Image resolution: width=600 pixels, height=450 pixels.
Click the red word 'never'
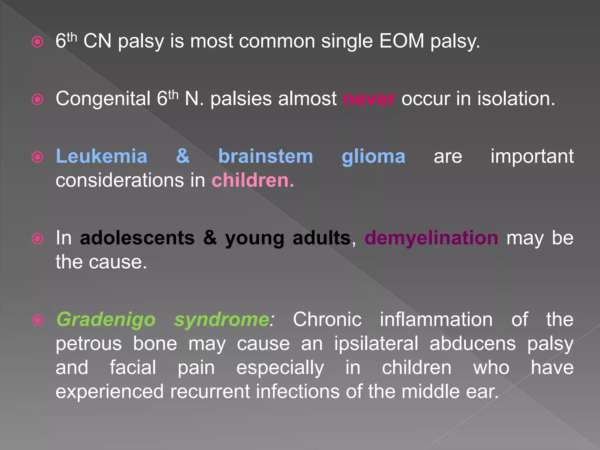369,99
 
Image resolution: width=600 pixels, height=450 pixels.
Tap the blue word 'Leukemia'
101,156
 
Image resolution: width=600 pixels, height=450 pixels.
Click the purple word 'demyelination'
431,238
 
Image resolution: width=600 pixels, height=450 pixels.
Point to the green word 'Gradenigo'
106,319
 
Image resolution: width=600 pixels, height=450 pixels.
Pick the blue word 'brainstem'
265,156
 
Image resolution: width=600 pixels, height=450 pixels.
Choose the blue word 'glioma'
374,156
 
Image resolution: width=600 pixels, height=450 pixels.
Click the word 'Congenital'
103,99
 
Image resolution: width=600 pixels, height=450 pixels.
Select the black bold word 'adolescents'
137,238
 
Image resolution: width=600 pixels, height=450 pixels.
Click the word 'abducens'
473,343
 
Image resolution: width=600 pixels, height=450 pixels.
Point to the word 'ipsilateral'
376,343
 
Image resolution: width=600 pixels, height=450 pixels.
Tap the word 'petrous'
88,343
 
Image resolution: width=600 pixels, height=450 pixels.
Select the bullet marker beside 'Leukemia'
37,157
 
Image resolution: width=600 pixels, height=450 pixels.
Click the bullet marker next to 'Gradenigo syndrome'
37,320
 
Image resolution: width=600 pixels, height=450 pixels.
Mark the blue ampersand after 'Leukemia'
183,156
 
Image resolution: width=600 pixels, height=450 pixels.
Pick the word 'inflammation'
436,319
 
